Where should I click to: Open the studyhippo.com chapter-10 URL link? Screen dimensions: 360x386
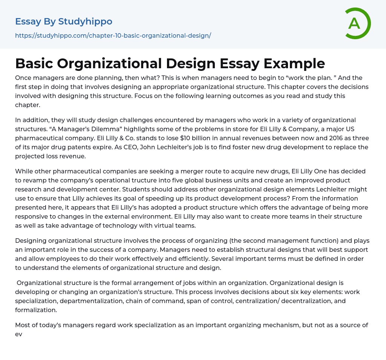(x=113, y=36)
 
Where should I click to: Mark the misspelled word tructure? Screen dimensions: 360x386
(x=160, y=180)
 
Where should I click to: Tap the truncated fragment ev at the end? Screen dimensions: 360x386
(x=19, y=334)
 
